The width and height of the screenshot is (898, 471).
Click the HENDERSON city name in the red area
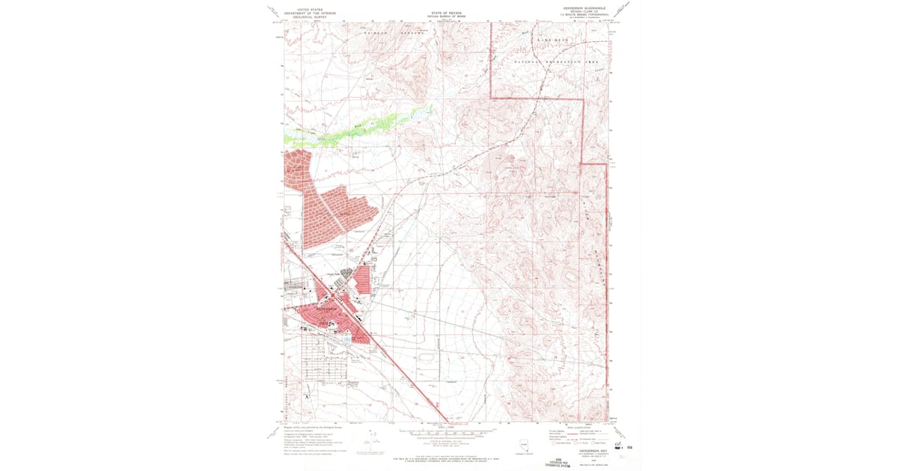327,306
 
